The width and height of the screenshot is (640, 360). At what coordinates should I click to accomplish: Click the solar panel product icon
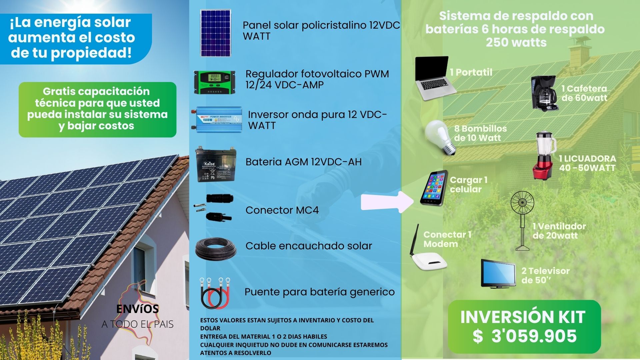[x=216, y=33]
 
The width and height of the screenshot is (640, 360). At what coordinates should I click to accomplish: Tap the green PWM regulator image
[x=215, y=82]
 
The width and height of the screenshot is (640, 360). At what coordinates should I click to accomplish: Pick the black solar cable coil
[x=216, y=249]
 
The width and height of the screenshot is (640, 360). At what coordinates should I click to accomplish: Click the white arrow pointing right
[x=388, y=201]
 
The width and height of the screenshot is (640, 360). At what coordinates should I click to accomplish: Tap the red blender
[x=545, y=156]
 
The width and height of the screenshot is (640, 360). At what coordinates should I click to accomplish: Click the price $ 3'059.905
[x=524, y=336]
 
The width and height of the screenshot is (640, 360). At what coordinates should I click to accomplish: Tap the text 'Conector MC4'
[x=282, y=210]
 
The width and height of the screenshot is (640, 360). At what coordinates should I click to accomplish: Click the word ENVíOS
[x=138, y=309]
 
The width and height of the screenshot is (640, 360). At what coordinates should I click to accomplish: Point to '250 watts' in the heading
[x=516, y=42]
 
